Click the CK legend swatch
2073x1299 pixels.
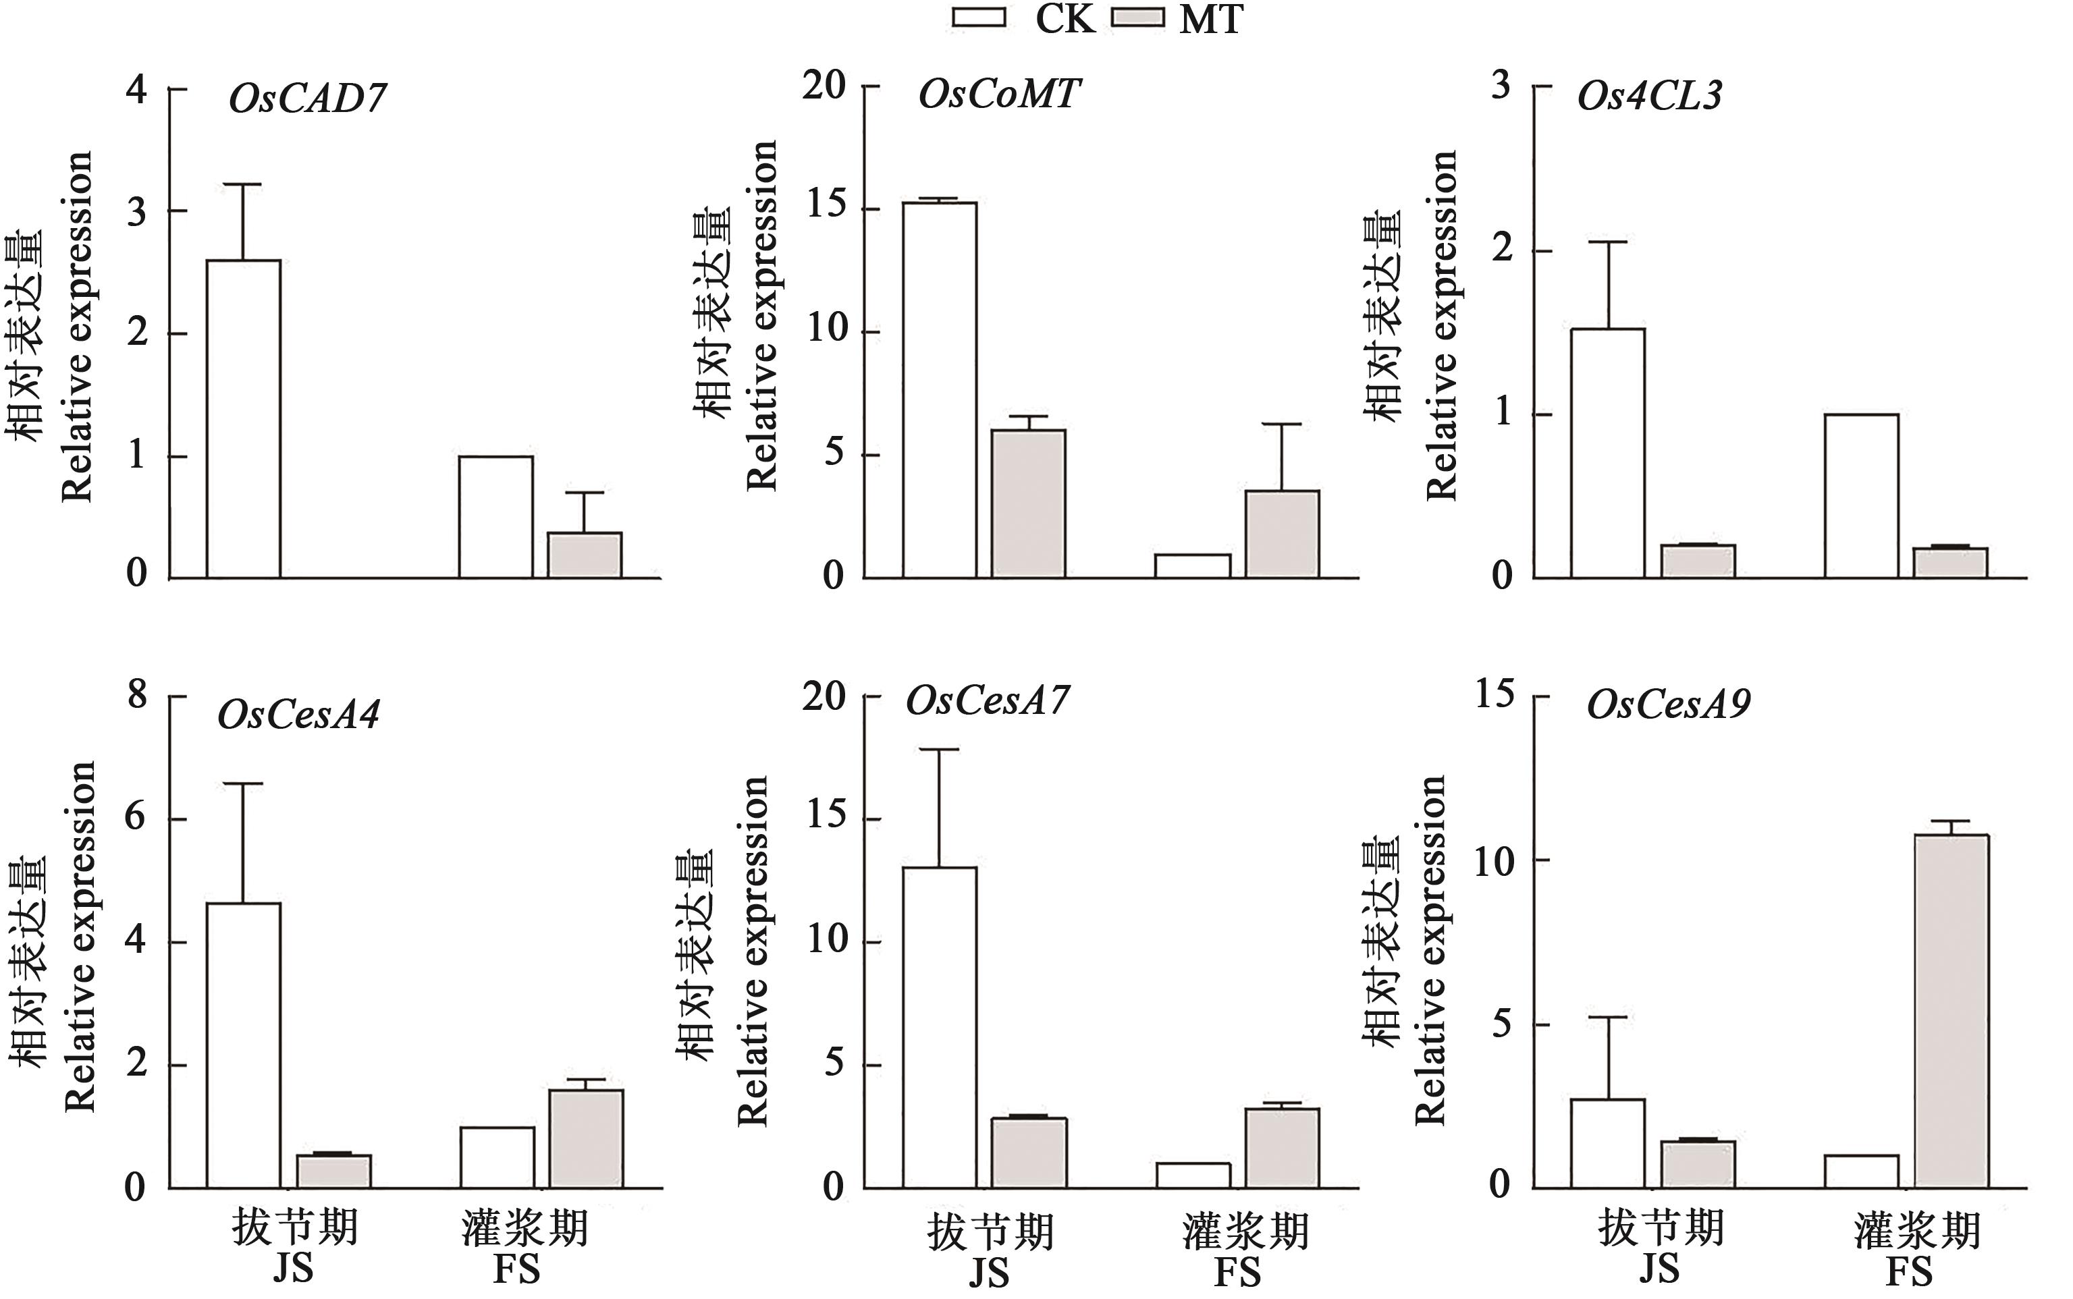click(979, 18)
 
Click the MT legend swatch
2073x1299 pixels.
click(1138, 18)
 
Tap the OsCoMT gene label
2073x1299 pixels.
click(998, 94)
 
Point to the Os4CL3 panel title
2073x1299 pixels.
click(1649, 95)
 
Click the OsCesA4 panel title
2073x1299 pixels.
click(298, 715)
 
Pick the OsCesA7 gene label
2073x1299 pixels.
click(988, 701)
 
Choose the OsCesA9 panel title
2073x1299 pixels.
click(1668, 705)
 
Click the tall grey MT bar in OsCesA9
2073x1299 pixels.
click(1951, 1011)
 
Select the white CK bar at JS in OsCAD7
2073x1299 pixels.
click(243, 418)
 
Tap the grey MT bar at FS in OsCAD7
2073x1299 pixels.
click(585, 555)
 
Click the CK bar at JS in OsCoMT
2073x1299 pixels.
click(940, 389)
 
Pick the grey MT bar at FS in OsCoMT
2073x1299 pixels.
click(1283, 534)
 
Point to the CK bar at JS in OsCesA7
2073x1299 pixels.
click(940, 1028)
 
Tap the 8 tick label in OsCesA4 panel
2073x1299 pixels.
click(136, 694)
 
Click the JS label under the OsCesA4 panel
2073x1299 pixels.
click(293, 1270)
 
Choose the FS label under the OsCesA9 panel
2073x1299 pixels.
click(1908, 1273)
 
